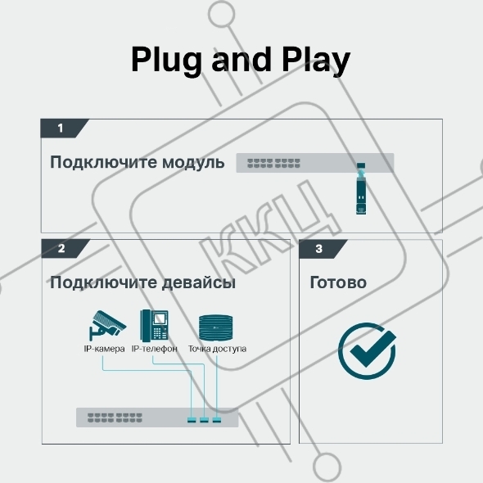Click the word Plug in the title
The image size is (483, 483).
pos(167,60)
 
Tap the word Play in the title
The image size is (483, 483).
pos(316,60)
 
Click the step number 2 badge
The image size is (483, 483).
pos(65,248)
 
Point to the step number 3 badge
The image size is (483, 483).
pos(323,249)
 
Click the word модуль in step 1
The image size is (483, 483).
pos(193,162)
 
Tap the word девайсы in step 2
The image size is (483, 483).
pos(199,282)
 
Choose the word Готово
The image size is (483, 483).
pos(338,282)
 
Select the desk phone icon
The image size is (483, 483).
pos(155,326)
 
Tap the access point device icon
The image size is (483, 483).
pos(215,327)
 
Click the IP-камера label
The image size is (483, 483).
pos(104,349)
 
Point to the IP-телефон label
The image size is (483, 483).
pos(155,349)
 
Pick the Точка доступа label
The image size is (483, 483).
pos(217,349)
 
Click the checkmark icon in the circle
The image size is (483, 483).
pos(367,351)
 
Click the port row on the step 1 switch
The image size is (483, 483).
pos(273,163)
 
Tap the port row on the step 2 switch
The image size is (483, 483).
pos(115,418)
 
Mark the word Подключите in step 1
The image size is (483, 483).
pos(103,162)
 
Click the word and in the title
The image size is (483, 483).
pos(241,60)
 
